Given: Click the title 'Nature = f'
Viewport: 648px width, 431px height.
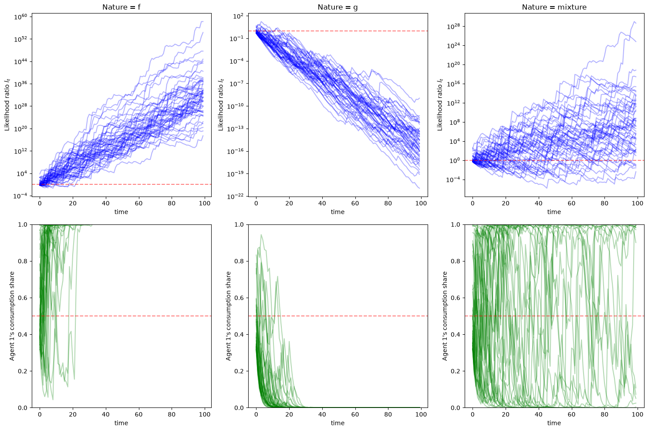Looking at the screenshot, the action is coord(121,7).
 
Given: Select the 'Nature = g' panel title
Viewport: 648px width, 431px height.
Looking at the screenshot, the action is coord(337,7).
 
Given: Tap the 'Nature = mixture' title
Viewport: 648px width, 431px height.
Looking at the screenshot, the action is coord(554,7).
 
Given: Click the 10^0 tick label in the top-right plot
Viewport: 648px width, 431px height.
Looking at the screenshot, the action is coord(455,161).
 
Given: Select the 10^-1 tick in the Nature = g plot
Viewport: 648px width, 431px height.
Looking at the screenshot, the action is coord(236,39).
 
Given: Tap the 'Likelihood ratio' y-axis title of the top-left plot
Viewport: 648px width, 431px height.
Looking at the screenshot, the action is coord(7,105).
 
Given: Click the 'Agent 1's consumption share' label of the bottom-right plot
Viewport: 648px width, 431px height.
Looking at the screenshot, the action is coord(445,316).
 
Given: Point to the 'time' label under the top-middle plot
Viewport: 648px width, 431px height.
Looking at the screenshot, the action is coord(337,212).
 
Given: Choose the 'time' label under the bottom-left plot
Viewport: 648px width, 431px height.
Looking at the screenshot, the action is coord(121,423).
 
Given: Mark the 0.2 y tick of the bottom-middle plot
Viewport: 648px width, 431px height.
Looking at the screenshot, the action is coord(239,371).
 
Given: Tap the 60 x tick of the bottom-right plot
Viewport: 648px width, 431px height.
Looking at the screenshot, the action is coord(571,414).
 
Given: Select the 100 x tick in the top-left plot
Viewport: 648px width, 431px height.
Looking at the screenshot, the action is coord(205,203).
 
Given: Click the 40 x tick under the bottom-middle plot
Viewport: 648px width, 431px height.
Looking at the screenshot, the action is coord(322,414).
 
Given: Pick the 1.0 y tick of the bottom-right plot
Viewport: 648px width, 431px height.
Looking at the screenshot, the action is coord(456,224).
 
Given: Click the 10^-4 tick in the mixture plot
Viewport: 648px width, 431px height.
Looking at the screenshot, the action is coord(453,180).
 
